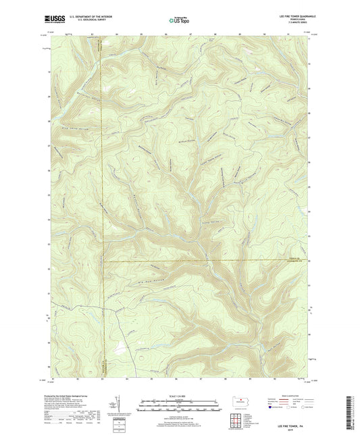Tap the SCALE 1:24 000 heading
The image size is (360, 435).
179,395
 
